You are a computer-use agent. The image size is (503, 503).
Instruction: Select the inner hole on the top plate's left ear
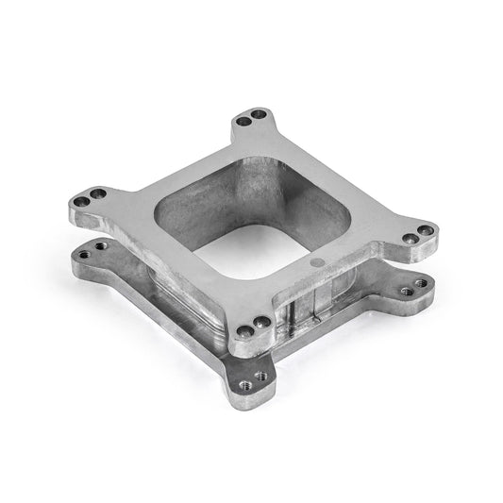click(x=98, y=194)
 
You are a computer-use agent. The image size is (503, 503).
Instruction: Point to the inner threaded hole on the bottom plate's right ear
click(x=403, y=292)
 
